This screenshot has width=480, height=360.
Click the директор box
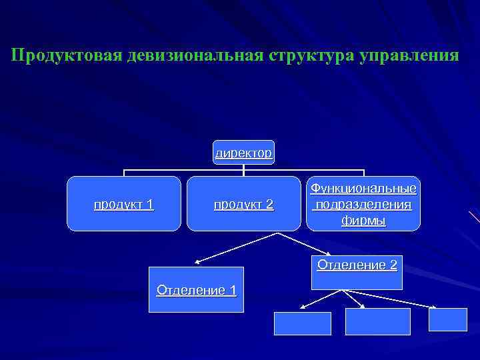coord(243,153)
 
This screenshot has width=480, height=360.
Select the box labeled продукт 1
coord(124,204)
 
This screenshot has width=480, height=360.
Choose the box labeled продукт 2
coord(243,204)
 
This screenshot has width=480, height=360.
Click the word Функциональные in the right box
coord(363,189)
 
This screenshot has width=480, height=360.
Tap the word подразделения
coord(363,204)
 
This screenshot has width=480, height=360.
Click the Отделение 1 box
coord(196,290)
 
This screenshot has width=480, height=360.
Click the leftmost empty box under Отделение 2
coord(302,323)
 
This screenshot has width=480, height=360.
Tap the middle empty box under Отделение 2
coord(378,321)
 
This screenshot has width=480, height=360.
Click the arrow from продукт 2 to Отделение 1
coord(233,247)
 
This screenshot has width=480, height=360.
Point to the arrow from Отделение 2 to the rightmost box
coord(393,299)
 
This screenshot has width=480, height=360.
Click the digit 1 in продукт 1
coord(150,204)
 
